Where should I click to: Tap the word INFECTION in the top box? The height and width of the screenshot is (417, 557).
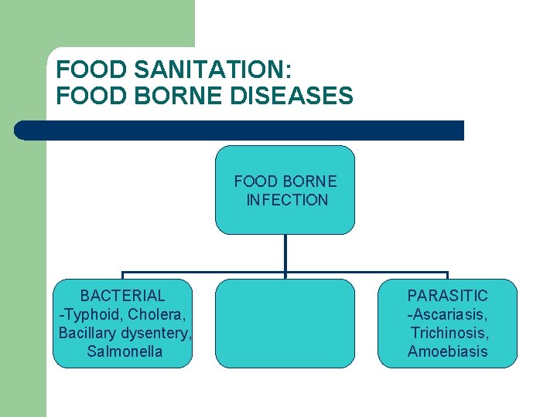pos(287,200)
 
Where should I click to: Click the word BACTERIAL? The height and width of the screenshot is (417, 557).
pos(123,296)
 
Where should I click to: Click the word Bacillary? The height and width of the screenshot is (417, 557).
pos(87,333)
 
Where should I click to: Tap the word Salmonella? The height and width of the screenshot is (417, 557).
pos(125,352)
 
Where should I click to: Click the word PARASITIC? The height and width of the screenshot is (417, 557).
pos(448,296)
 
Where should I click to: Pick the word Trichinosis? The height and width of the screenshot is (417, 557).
pos(449,333)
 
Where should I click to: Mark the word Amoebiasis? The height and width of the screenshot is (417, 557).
pos(448,352)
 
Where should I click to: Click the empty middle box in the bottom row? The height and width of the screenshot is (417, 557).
pos(285,324)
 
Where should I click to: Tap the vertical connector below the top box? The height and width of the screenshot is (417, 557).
pos(285,253)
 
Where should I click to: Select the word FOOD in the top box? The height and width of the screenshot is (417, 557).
pos(255,181)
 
